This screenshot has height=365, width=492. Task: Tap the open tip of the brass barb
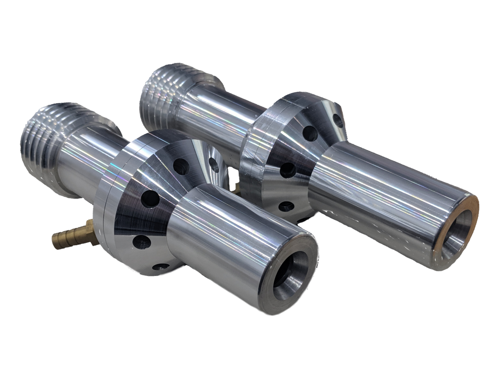click(x=54, y=238)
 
